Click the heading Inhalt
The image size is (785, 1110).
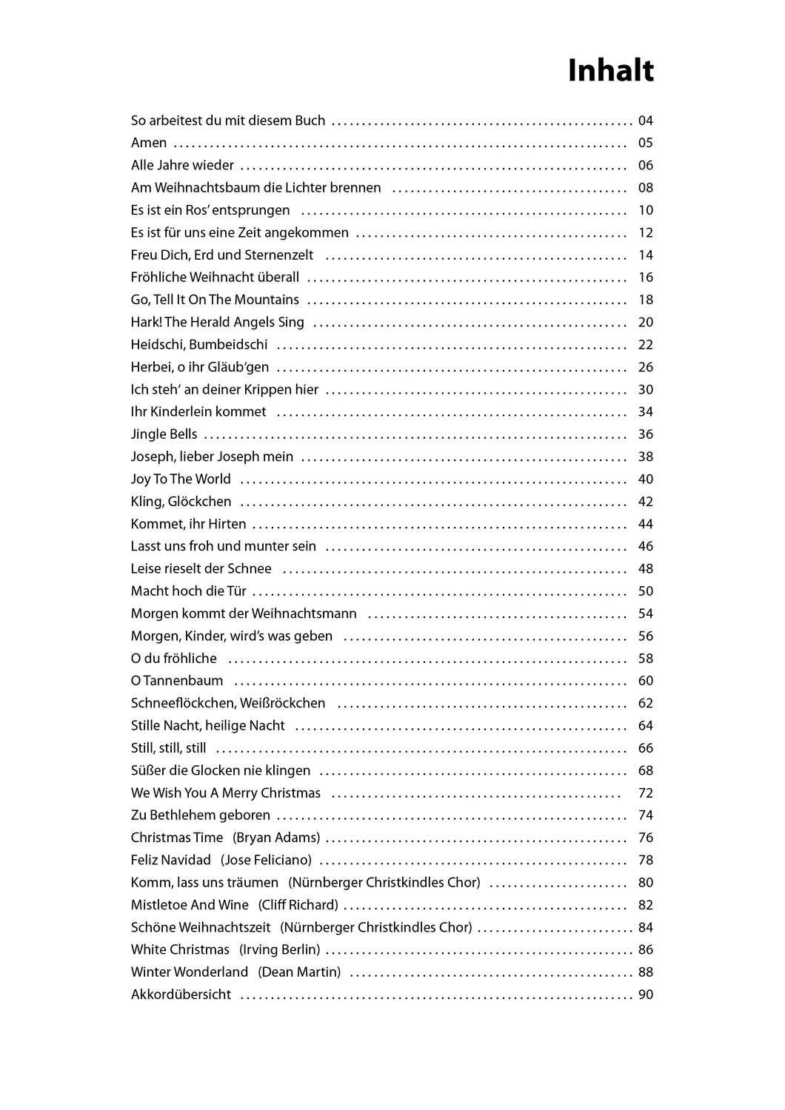click(610, 71)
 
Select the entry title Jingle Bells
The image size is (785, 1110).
click(164, 434)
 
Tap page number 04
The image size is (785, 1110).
click(645, 121)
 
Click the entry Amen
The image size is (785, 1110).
click(148, 143)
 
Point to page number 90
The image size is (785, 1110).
click(645, 995)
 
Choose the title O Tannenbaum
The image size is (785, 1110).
click(176, 681)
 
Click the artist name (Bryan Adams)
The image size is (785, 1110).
click(276, 838)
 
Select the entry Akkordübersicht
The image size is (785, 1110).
click(181, 995)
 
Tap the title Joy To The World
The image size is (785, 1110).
click(181, 480)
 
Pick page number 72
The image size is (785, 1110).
click(645, 793)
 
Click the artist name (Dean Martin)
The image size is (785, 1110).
click(299, 972)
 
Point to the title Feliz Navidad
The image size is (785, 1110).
click(170, 861)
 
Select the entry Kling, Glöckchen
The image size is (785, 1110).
click(181, 502)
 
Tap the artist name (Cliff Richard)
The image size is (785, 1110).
click(298, 905)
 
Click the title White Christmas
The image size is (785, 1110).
click(180, 950)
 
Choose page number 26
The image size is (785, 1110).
click(645, 367)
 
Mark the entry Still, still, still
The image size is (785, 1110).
click(168, 748)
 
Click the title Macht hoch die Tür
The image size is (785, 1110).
click(188, 591)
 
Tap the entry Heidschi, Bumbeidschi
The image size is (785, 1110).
click(199, 345)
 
